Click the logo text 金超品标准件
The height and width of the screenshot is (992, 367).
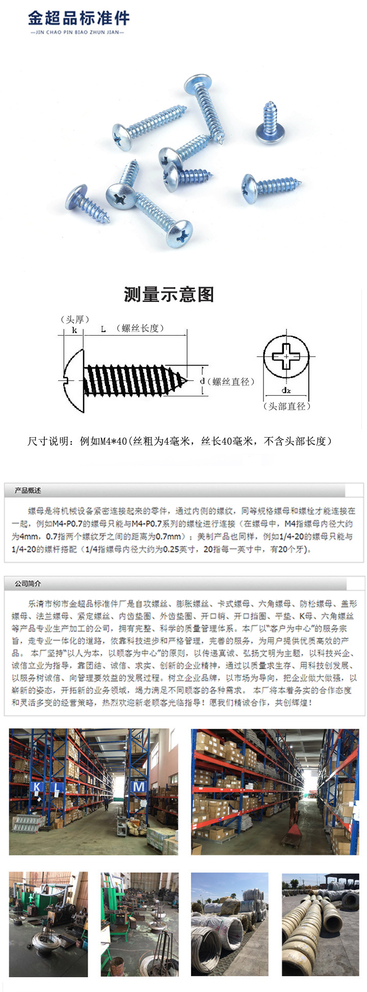[x=79, y=18]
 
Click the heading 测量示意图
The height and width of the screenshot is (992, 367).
[x=169, y=294]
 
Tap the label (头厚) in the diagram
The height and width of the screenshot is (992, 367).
[x=74, y=319]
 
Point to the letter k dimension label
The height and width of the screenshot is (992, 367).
[x=74, y=330]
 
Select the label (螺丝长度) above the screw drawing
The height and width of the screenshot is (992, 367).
[x=140, y=328]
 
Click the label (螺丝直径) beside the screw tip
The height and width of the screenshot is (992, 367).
[x=231, y=381]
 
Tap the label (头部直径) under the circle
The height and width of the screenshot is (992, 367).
[x=286, y=406]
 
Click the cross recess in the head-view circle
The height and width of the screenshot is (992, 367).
[x=286, y=355]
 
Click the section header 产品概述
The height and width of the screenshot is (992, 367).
[x=28, y=491]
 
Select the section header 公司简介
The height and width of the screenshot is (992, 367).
[x=28, y=583]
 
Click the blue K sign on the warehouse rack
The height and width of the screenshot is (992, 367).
[x=37, y=787]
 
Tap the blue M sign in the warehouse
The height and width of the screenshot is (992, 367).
[x=139, y=787]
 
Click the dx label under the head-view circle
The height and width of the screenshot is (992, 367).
[x=286, y=391]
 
